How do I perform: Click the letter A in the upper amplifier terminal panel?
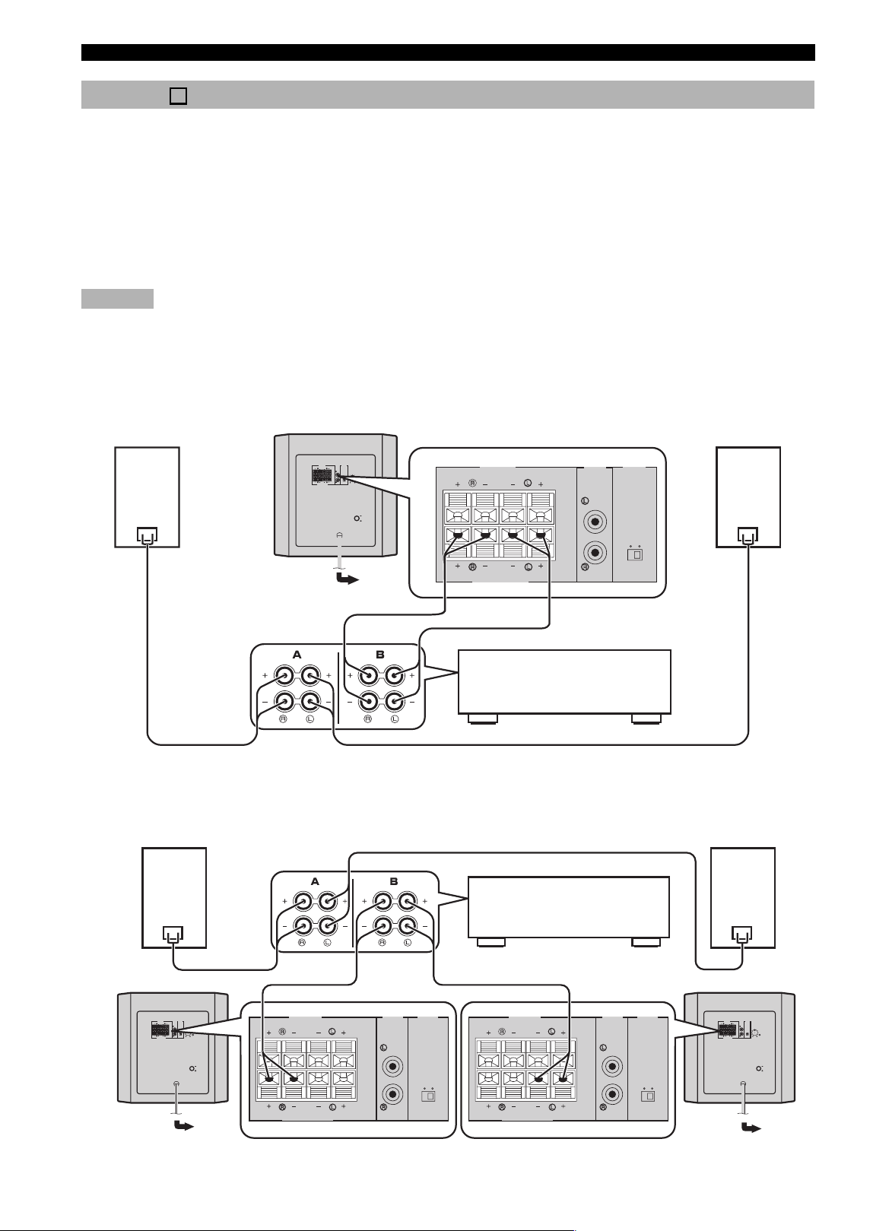[297, 655]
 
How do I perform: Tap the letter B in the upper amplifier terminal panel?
[380, 655]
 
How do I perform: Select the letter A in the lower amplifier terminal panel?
[315, 881]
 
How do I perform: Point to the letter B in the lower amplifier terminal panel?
[394, 881]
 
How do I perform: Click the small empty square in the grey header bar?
[178, 96]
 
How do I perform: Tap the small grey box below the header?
[117, 298]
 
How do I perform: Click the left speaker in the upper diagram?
[147, 497]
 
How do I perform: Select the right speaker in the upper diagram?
[748, 497]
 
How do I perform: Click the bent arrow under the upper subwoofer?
[347, 578]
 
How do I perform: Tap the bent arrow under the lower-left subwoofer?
[184, 1126]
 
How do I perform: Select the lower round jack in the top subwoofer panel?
[595, 551]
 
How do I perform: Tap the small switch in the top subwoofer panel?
[634, 554]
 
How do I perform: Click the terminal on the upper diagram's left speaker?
[147, 535]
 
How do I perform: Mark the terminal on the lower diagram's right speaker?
[743, 933]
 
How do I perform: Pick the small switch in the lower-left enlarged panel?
[427, 1095]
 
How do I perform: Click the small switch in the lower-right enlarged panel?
[648, 1095]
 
